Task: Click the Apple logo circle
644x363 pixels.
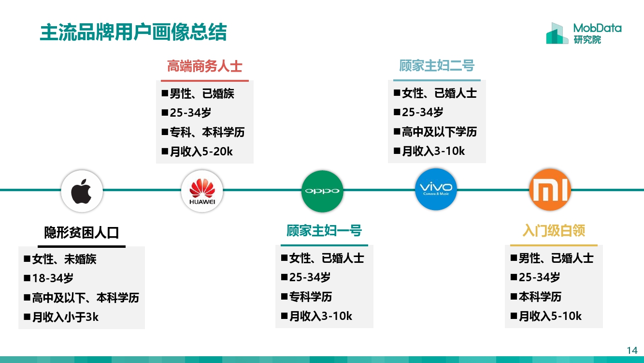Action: pyautogui.click(x=82, y=191)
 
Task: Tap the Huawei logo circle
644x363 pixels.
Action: pyautogui.click(x=202, y=191)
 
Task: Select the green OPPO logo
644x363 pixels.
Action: pyautogui.click(x=322, y=191)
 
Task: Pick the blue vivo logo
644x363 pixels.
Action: pyautogui.click(x=436, y=189)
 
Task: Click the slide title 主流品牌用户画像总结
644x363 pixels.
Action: pyautogui.click(x=133, y=33)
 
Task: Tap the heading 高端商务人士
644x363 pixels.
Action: pyautogui.click(x=204, y=66)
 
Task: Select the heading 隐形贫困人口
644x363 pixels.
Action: pyautogui.click(x=82, y=233)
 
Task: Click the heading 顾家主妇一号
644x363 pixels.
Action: pyautogui.click(x=324, y=230)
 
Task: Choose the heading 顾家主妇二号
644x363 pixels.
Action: pyautogui.click(x=437, y=66)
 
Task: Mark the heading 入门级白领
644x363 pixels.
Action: pyautogui.click(x=554, y=230)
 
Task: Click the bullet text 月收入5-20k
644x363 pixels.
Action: pyautogui.click(x=201, y=151)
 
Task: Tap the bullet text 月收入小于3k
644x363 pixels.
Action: pyautogui.click(x=65, y=317)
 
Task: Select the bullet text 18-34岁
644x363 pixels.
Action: pyautogui.click(x=53, y=278)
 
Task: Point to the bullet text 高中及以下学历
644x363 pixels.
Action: pyautogui.click(x=439, y=132)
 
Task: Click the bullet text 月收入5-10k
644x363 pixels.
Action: pyautogui.click(x=550, y=316)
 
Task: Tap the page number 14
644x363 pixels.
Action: pyautogui.click(x=632, y=350)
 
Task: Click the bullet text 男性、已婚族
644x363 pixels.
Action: pyautogui.click(x=202, y=93)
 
